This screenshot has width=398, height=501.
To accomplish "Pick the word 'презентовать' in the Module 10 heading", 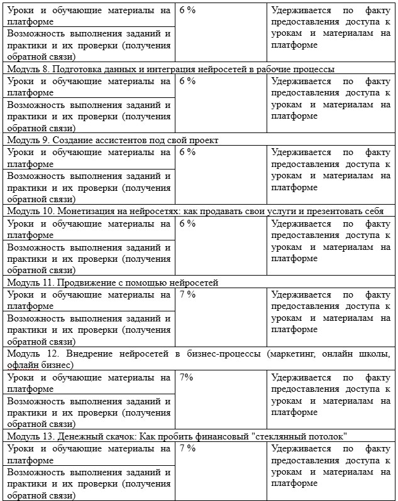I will point(332,211).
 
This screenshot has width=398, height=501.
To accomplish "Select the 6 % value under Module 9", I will point(187,153).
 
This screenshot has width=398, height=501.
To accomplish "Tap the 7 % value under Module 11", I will point(187,294).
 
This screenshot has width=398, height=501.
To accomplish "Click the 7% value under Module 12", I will point(186,378).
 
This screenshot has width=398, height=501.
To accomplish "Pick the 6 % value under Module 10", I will point(187,224).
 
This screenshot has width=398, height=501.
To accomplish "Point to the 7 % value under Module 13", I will point(187,449).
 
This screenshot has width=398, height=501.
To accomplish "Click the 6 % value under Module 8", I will point(187,81).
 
